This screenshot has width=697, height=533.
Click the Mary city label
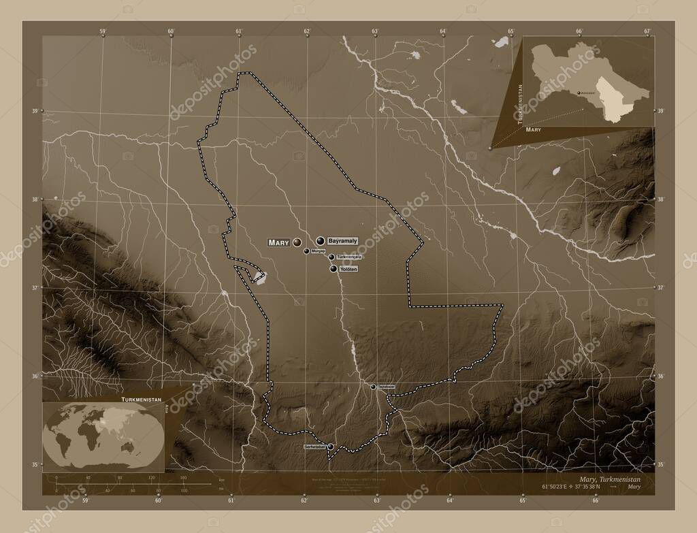point(279,242)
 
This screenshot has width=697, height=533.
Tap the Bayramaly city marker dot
point(320,240)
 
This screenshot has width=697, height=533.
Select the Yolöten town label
point(347,270)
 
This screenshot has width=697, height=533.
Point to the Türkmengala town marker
point(331,257)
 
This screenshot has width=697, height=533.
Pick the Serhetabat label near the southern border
point(315,447)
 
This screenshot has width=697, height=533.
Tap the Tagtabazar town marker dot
point(373,387)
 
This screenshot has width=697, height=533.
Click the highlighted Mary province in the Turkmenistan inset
point(616,102)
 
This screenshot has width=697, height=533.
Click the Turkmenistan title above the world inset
point(141,396)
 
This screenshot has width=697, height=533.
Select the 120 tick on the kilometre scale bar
point(152,478)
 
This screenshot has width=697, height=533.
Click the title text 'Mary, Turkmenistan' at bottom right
point(607,480)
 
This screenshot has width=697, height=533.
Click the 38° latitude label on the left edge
point(34,199)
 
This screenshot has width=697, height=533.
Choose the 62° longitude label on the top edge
point(307,31)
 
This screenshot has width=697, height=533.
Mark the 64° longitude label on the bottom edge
point(450,502)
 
